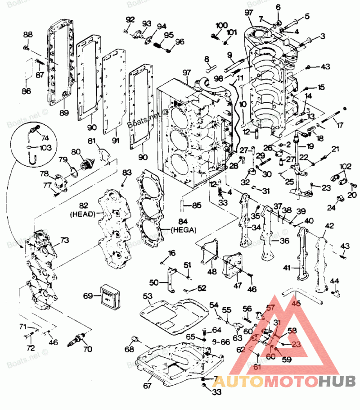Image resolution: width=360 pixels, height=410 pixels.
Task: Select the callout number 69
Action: coord(88,296)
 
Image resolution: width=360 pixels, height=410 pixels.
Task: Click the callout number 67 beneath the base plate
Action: coord(148,386)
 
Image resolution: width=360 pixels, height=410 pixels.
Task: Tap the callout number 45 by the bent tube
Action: coord(296,303)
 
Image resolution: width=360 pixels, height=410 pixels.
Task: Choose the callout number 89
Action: coord(64,112)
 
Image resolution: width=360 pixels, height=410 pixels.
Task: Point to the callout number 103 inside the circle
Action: coord(45,147)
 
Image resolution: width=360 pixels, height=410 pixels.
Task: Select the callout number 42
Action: coord(330,226)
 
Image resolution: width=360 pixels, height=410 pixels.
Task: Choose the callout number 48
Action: coord(211,271)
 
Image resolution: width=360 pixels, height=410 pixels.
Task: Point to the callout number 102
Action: coord(345,166)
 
